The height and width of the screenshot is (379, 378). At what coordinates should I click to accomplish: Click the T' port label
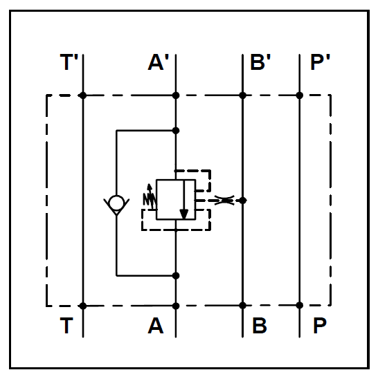pos(69,62)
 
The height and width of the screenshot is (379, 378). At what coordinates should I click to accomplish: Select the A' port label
pos(159,62)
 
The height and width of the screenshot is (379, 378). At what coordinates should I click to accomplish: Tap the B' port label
pos(260,62)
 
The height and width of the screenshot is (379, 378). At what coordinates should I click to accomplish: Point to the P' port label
pos(320,62)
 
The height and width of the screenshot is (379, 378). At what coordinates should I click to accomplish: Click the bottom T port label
pos(66,326)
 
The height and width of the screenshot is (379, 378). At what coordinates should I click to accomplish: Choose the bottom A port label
pos(156,326)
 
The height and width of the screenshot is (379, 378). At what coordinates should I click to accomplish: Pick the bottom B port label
pos(260,326)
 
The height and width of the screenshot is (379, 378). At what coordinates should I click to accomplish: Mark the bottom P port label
pos(320,326)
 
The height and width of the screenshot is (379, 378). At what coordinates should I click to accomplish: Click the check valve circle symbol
pos(116,203)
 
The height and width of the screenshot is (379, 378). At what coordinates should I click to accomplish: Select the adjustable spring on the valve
pos(150,196)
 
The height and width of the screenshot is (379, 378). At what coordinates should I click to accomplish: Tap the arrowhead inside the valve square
pos(184,214)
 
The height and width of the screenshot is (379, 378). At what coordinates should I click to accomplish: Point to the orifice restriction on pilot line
pos(224,201)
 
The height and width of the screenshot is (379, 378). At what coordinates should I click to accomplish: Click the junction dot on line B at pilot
pos(243,201)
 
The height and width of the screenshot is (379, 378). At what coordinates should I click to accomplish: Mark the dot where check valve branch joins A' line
pos(176,131)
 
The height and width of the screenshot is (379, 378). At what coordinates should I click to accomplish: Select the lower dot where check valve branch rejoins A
pos(176,275)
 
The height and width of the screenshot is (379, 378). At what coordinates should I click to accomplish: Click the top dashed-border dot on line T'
pos(83,95)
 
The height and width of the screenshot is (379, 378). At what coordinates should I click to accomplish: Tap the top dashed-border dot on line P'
pos(300,95)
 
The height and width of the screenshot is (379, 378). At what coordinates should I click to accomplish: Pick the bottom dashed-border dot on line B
pos(243,306)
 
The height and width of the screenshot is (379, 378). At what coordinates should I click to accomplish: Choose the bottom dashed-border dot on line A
pos(176,306)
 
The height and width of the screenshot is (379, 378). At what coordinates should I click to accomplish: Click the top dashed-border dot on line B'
pos(243,95)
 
